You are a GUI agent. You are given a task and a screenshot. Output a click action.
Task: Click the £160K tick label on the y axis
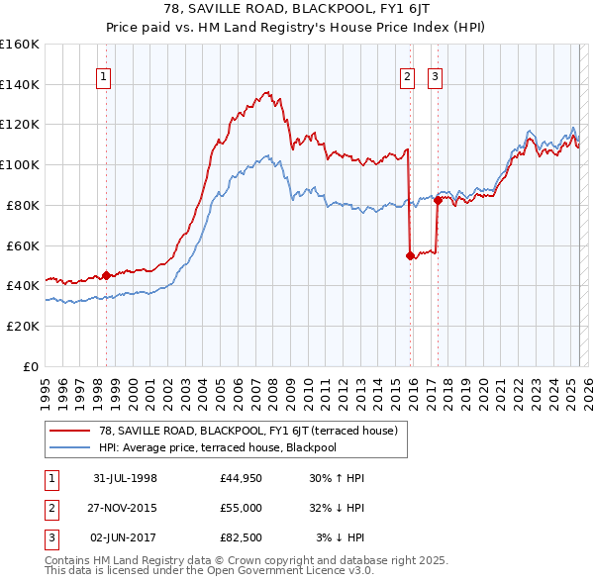(x=20, y=45)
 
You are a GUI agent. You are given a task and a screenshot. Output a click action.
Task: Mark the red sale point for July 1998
(x=107, y=275)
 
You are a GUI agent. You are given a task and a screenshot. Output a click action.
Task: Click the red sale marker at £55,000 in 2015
(x=410, y=255)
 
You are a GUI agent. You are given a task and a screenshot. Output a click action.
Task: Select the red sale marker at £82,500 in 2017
(x=437, y=200)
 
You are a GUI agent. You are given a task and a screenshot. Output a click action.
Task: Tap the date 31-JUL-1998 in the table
(x=125, y=478)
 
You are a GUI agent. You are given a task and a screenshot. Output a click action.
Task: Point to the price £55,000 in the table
(x=242, y=507)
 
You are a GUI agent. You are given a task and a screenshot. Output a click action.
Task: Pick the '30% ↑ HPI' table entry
(x=337, y=478)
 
